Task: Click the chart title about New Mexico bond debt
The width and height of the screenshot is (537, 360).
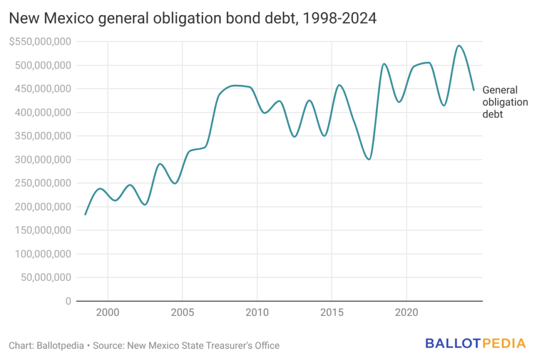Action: (192, 19)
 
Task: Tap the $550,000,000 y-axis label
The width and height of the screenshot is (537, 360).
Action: (40, 42)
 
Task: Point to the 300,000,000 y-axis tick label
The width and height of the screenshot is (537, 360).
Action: (42, 160)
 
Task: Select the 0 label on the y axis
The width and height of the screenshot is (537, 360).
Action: (68, 301)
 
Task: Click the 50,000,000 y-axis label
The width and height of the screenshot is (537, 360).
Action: (45, 278)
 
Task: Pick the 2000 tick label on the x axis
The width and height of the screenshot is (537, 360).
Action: (108, 312)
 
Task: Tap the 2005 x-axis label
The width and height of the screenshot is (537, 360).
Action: (182, 312)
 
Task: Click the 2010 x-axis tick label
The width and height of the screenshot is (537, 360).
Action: (257, 312)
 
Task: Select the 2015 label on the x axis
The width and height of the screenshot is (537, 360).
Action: (331, 312)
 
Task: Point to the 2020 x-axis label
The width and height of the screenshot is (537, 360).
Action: (406, 312)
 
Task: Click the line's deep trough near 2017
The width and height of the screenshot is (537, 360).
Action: (369, 159)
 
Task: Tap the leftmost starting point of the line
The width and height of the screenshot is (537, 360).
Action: (85, 214)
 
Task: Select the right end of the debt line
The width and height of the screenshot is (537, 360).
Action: (474, 90)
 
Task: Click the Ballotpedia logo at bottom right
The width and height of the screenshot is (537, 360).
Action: (475, 344)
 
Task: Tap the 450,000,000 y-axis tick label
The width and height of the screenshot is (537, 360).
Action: (42, 89)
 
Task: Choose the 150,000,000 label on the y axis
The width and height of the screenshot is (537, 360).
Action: (42, 231)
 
